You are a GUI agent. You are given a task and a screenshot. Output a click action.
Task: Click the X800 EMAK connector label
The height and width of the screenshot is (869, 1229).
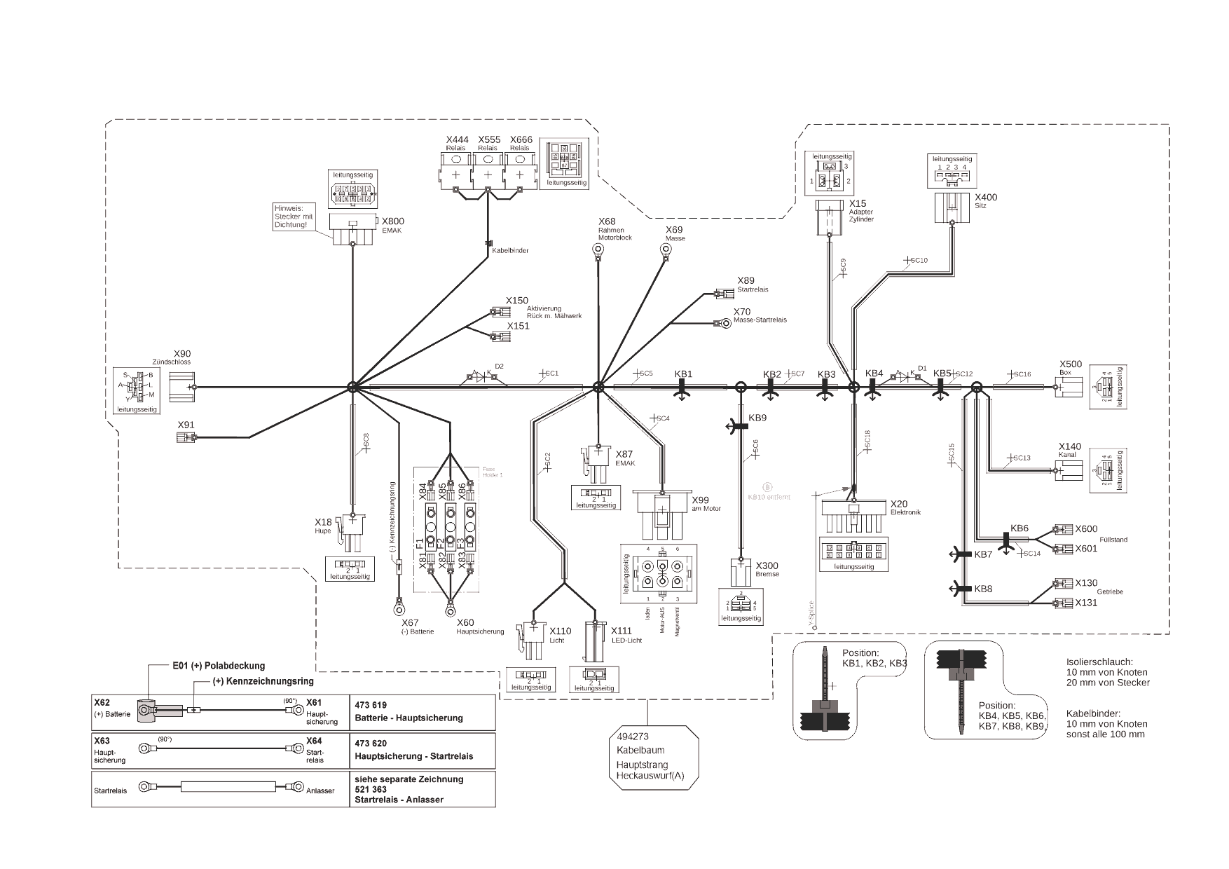[x=392, y=221]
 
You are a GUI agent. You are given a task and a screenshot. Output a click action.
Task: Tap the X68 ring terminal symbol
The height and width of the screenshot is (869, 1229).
[x=598, y=249]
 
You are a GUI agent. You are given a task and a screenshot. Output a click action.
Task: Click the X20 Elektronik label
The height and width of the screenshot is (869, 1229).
[x=899, y=504]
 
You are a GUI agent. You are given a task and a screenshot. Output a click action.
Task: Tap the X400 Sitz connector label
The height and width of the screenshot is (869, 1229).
[x=986, y=198]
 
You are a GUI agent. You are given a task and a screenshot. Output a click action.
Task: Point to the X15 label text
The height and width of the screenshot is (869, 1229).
[x=858, y=204]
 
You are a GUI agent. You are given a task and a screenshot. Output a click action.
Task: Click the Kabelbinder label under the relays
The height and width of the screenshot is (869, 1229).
[x=510, y=250]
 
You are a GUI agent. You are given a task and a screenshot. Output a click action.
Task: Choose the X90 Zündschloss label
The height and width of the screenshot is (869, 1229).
[x=181, y=354]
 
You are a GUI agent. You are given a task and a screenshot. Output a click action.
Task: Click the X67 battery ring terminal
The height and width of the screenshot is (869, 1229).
[x=400, y=601]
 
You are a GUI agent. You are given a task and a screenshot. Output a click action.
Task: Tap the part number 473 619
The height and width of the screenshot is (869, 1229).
[x=371, y=705]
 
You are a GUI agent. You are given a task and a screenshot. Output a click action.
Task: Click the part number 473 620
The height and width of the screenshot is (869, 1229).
[x=371, y=743]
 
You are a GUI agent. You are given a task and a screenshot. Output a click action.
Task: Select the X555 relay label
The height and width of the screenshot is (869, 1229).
[x=489, y=140]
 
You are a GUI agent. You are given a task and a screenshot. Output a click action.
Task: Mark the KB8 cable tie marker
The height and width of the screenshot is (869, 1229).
[x=959, y=588]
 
